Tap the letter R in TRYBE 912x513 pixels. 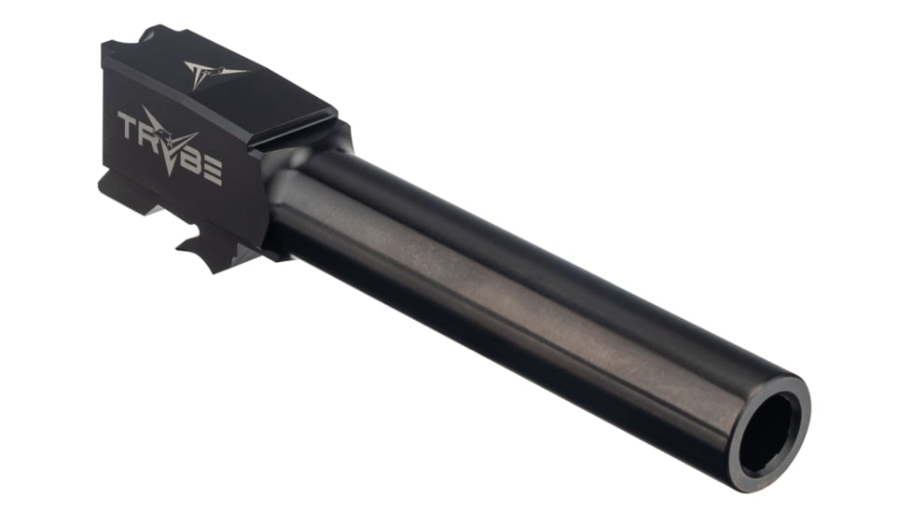click(146, 132)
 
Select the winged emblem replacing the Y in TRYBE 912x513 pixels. click(171, 142)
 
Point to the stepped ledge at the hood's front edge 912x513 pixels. click(298, 131)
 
